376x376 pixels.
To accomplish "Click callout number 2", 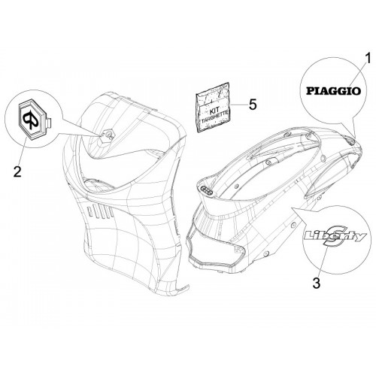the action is [x=17, y=171].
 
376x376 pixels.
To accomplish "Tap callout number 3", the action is [x=317, y=283].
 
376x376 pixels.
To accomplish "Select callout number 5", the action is [x=253, y=104].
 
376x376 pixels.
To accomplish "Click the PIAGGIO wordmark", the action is [x=333, y=91].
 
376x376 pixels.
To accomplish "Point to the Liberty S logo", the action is [x=335, y=236].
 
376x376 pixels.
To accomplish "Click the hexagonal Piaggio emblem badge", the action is [x=32, y=119].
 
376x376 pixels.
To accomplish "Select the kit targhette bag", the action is [x=213, y=108].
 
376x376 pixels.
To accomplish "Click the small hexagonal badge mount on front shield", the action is [x=108, y=135].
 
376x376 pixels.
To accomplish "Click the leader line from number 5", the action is [x=238, y=105].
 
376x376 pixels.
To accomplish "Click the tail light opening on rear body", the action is [x=216, y=248].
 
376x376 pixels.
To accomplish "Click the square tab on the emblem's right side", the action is [x=49, y=123].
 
